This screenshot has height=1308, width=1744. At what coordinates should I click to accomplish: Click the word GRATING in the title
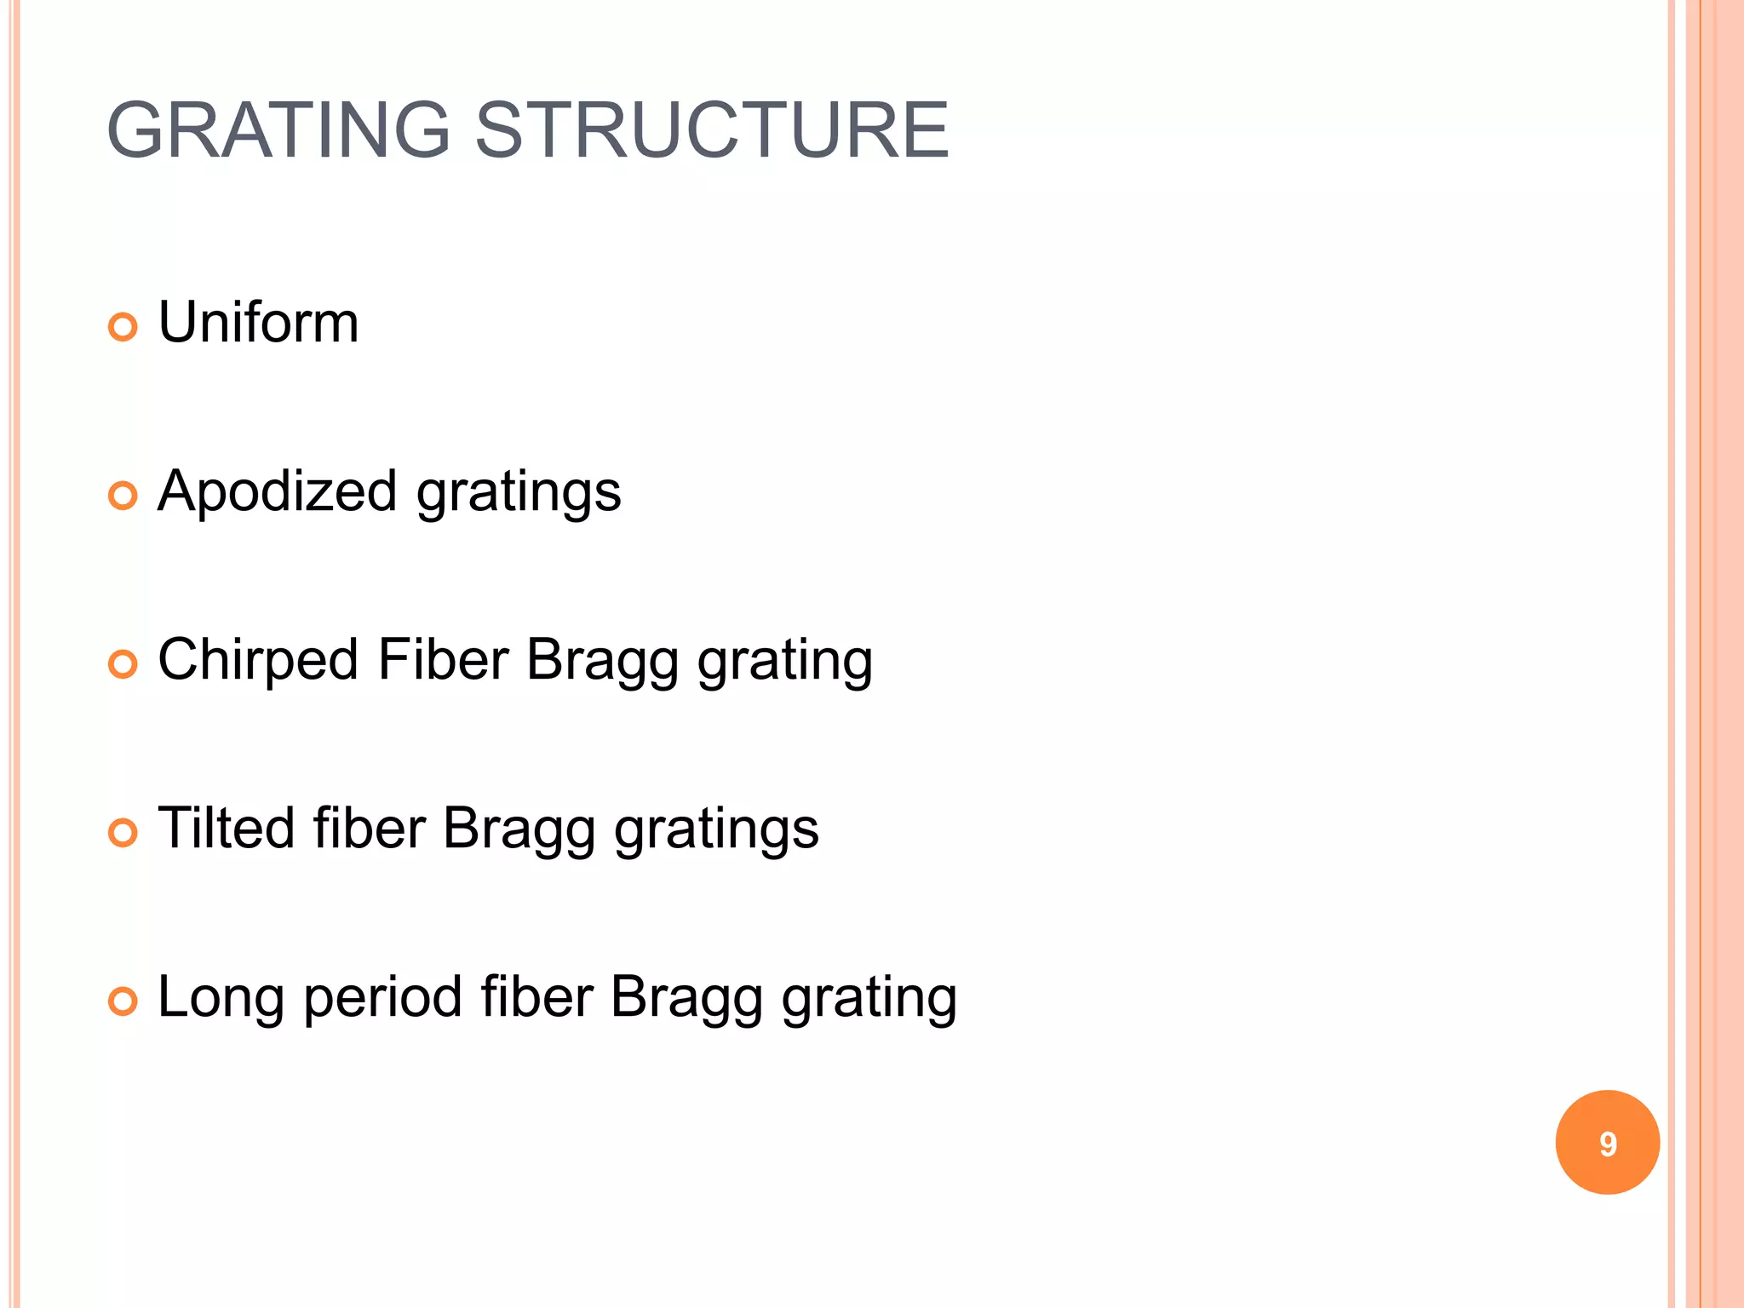(x=278, y=130)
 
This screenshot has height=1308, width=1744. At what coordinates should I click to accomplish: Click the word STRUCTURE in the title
(x=711, y=130)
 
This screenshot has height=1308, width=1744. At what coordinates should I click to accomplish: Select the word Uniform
(x=258, y=323)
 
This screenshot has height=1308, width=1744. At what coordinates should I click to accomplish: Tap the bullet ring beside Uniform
(x=123, y=327)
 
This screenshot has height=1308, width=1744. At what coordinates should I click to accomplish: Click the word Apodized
(x=278, y=492)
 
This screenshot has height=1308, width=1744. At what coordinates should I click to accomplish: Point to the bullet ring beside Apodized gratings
(x=123, y=496)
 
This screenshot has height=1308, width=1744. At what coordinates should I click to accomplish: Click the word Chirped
(x=258, y=661)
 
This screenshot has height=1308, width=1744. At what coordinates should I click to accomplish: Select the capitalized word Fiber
(x=443, y=660)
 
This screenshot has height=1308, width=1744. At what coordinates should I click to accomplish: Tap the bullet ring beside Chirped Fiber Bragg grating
(x=123, y=664)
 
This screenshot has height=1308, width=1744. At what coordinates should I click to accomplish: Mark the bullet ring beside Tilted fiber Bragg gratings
(x=123, y=833)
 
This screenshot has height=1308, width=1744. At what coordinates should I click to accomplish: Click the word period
(x=382, y=998)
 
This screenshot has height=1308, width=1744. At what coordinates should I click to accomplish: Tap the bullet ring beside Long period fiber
(x=123, y=1001)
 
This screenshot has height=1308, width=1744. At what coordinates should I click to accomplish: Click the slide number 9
(x=1607, y=1143)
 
